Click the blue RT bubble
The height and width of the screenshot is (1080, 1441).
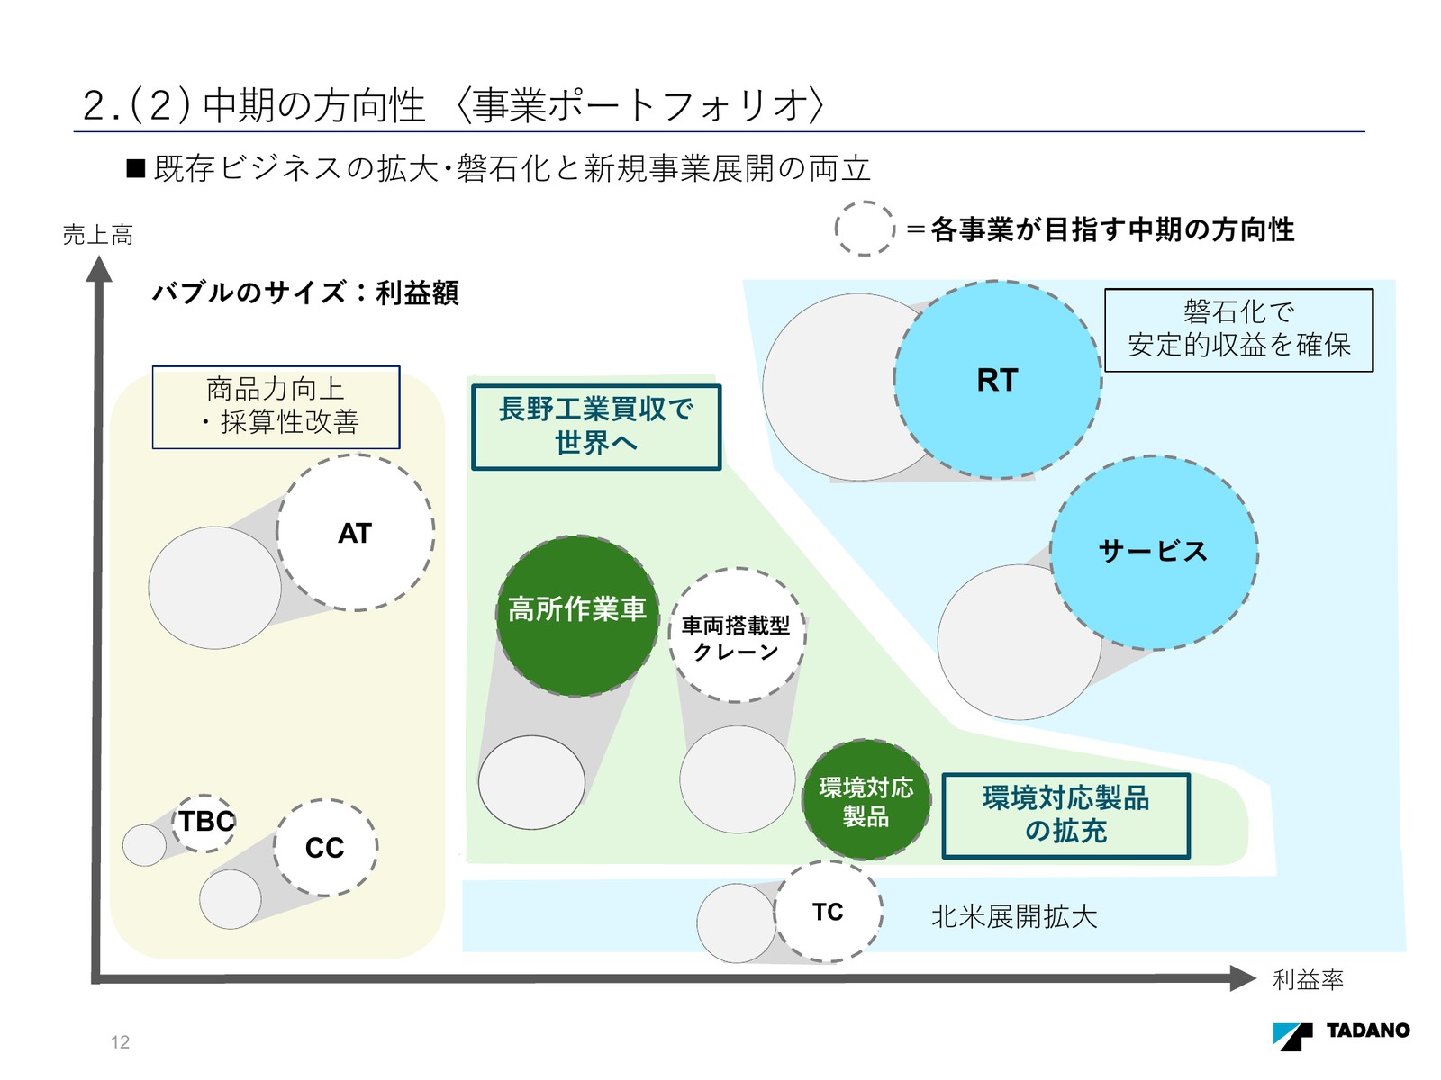[x=998, y=380]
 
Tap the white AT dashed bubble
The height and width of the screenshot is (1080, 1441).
[x=355, y=533]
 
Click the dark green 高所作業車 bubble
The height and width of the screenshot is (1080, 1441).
[x=577, y=616]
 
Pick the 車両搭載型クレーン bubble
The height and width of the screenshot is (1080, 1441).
[x=737, y=635]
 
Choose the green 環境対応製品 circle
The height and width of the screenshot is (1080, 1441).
[x=866, y=800]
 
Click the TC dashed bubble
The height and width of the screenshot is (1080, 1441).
[x=828, y=913]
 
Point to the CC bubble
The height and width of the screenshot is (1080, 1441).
[x=325, y=848]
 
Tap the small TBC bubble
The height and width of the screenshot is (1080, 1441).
[x=204, y=822]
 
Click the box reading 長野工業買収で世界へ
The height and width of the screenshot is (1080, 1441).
[x=596, y=427]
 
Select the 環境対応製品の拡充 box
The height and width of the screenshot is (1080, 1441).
[x=1065, y=815]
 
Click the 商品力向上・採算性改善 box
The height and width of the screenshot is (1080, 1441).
[x=276, y=407]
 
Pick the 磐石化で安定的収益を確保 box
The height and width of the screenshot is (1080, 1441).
[x=1238, y=329]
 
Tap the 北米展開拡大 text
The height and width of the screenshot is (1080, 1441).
[x=1014, y=917]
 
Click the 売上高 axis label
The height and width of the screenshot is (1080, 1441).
[x=98, y=236]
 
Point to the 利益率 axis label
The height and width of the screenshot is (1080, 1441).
[x=1308, y=979]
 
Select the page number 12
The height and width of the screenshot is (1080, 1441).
[x=120, y=1042]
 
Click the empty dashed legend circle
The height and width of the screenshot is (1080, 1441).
[x=865, y=229]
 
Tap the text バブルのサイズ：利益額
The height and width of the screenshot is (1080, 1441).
[x=305, y=292]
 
